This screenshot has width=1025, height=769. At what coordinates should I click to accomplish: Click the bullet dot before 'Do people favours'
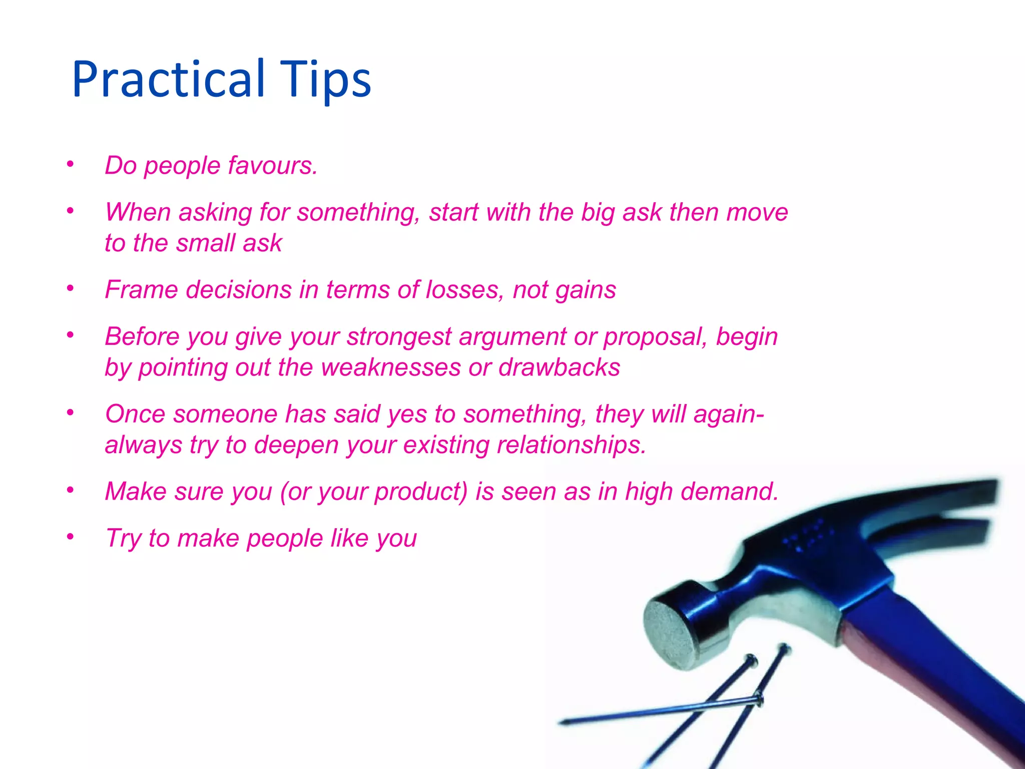click(x=71, y=164)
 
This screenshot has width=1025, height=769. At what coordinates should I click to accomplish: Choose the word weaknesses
click(x=391, y=367)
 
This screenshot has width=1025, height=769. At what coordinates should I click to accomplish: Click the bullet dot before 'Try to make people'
click(x=71, y=537)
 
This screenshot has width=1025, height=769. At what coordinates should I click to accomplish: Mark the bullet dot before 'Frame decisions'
click(x=71, y=288)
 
